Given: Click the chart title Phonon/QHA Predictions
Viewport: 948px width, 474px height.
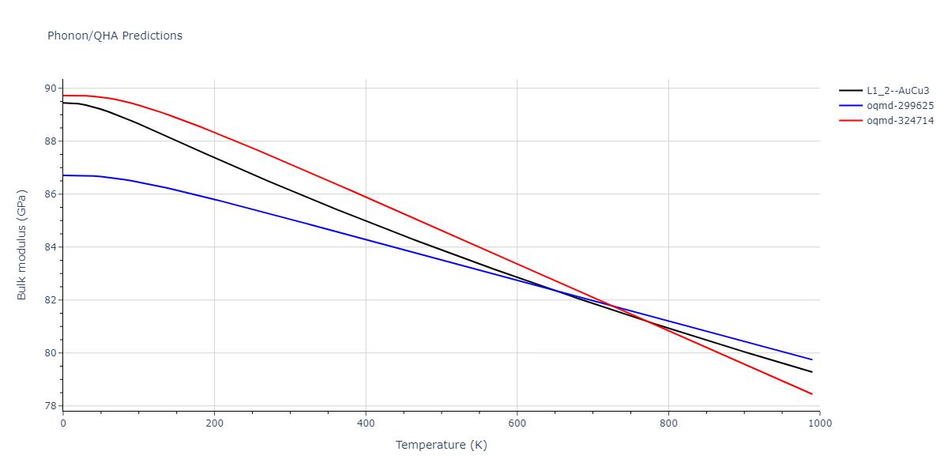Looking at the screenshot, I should click(115, 36).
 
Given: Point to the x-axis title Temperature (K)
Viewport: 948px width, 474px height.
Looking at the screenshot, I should click(441, 446).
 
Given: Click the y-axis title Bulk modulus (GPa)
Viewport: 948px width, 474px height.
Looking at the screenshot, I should click(22, 245).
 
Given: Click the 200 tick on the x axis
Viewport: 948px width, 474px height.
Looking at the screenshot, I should click(214, 423).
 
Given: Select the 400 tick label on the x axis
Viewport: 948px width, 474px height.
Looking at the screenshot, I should click(366, 423).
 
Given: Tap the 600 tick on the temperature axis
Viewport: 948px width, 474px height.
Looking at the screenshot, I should click(517, 423).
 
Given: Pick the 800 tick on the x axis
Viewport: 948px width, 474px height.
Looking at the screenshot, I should click(668, 423).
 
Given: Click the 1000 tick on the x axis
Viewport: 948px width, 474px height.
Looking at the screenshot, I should click(819, 423).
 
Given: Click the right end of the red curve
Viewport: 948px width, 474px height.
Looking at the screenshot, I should click(812, 394).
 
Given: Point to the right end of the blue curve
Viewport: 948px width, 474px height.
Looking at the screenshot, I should click(812, 359).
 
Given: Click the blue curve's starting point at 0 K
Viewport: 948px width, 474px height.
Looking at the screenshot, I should click(63, 175).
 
